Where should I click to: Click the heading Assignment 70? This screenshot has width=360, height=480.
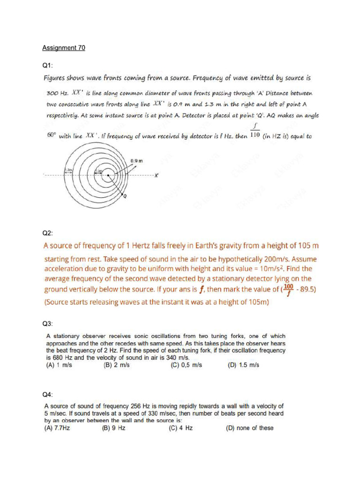coord(64,48)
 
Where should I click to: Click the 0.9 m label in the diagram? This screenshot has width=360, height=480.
coord(136,161)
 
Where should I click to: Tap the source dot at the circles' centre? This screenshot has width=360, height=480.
coord(108,176)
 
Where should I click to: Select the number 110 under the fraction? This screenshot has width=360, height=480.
coord(255,136)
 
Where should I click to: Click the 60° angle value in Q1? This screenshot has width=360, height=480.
coord(51,135)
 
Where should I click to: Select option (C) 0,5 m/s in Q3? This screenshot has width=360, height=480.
coord(186,365)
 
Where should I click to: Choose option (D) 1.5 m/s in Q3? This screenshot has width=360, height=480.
coord(243,365)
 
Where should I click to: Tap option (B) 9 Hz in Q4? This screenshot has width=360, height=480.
coord(114,428)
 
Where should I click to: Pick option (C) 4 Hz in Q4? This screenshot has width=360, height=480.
coord(180,428)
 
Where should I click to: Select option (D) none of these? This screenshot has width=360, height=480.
coord(250,428)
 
